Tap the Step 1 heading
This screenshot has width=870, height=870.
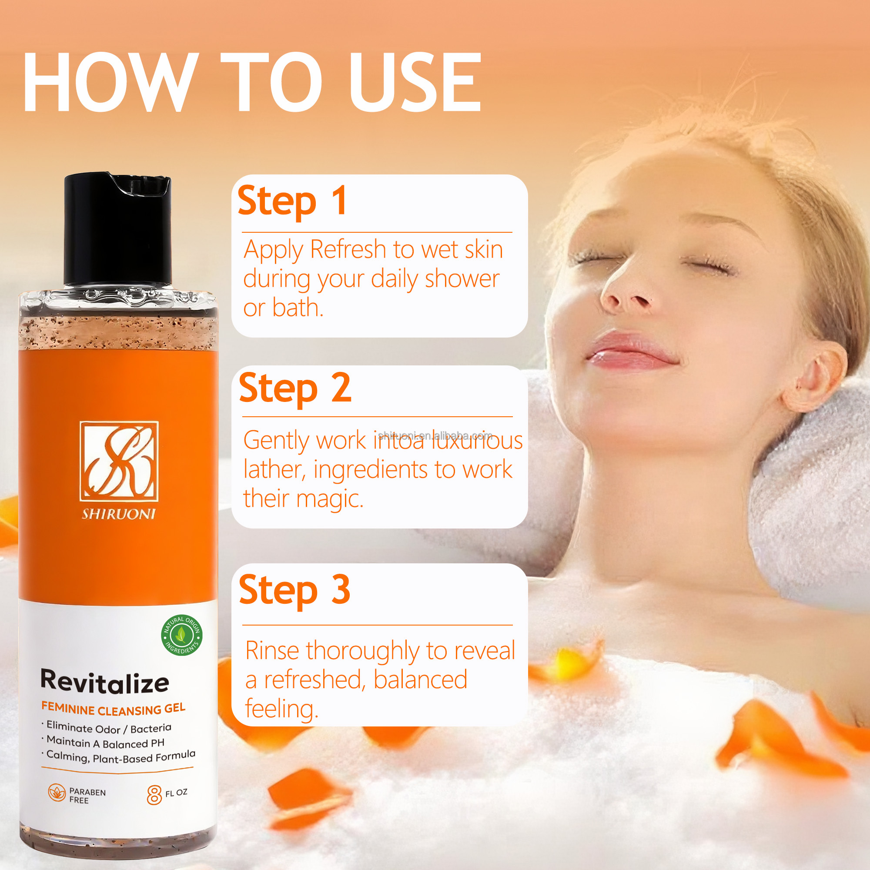(x=292, y=201)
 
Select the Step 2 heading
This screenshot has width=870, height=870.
(x=294, y=388)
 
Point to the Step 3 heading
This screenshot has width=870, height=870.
(x=294, y=590)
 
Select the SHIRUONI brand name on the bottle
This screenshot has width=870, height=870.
(x=119, y=514)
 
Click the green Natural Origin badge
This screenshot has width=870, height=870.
(x=181, y=635)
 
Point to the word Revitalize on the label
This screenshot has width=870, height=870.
(x=104, y=682)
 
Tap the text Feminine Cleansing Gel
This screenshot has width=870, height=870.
(x=113, y=709)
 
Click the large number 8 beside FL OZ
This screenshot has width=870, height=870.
(x=154, y=795)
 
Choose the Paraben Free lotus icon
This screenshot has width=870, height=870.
(x=57, y=793)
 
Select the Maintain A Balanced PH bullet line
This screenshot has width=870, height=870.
(x=105, y=743)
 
